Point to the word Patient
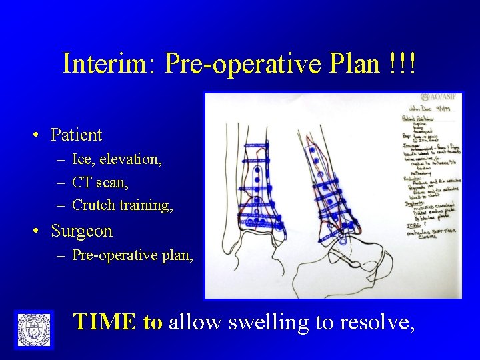tap(77, 135)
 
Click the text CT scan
tap(99, 182)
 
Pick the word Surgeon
tap(81, 232)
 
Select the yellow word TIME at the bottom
tap(105, 322)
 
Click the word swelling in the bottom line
tap(262, 322)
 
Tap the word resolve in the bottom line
tap(376, 322)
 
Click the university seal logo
tap(33, 329)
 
